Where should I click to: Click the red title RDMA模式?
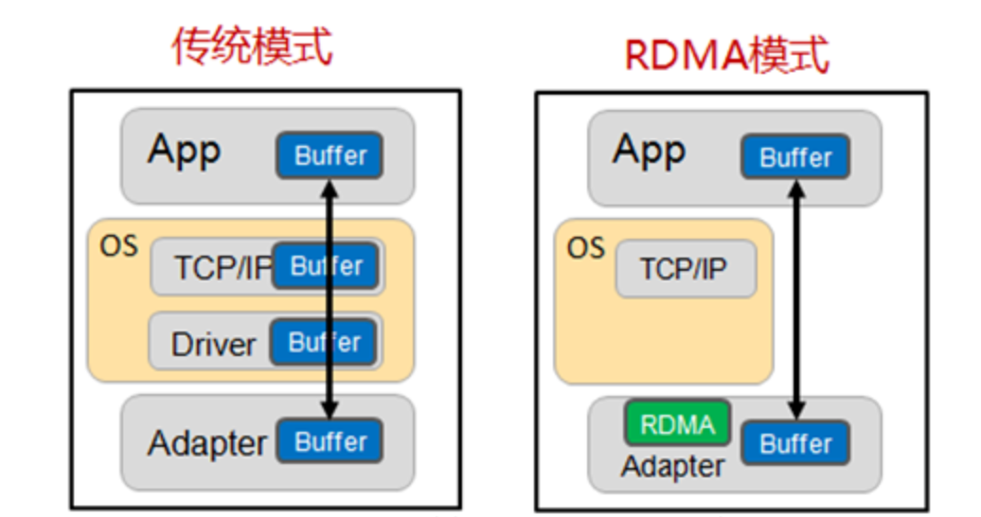point(726,56)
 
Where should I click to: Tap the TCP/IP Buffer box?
point(326,266)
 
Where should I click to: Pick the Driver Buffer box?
point(324,342)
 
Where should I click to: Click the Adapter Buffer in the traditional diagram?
point(330,441)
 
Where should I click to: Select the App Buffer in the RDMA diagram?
point(794,157)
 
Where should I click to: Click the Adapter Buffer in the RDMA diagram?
point(794,443)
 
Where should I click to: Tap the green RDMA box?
point(677,423)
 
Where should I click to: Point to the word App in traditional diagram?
point(184,151)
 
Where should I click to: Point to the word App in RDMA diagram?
point(649,150)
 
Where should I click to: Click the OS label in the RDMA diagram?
point(585,248)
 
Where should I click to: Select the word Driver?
point(213,344)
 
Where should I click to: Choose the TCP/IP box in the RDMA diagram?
point(685,269)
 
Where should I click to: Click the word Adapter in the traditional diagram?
point(206,443)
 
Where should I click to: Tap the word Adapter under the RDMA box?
point(672,466)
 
